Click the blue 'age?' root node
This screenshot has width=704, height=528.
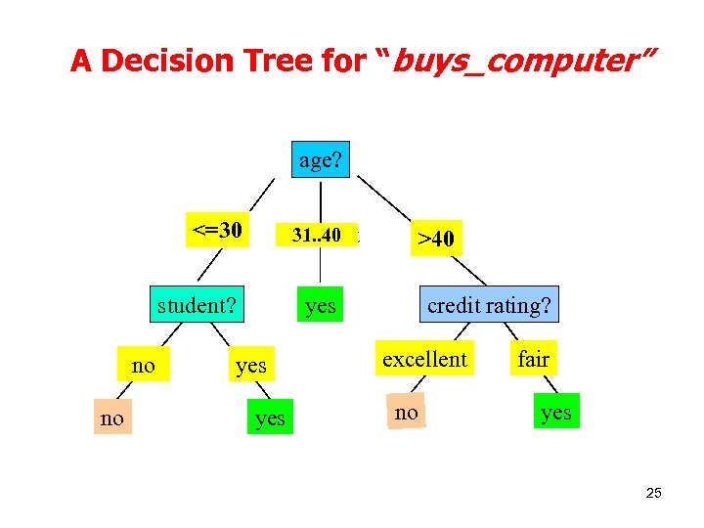pyautogui.click(x=321, y=159)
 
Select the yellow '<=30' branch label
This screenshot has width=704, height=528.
pyautogui.click(x=217, y=231)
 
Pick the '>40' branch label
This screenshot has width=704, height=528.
pyautogui.click(x=436, y=238)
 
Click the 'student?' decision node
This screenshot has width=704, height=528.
pyautogui.click(x=198, y=305)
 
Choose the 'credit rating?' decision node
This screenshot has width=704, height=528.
pyautogui.click(x=489, y=305)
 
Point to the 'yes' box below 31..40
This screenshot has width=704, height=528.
pyautogui.click(x=320, y=306)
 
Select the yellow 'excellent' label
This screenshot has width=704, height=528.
pyautogui.click(x=425, y=359)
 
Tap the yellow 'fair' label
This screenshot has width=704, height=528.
pyautogui.click(x=533, y=359)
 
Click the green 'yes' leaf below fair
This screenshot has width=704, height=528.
pyautogui.click(x=555, y=412)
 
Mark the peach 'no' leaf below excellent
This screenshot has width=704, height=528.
pyautogui.click(x=407, y=413)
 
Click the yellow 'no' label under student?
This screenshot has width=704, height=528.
pyautogui.click(x=143, y=366)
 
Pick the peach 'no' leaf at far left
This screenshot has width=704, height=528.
pyautogui.click(x=112, y=418)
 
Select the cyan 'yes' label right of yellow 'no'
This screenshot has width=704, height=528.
pyautogui.click(x=251, y=366)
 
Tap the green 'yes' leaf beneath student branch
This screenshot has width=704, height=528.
pyautogui.click(x=270, y=418)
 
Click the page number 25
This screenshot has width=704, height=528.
pyautogui.click(x=653, y=493)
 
